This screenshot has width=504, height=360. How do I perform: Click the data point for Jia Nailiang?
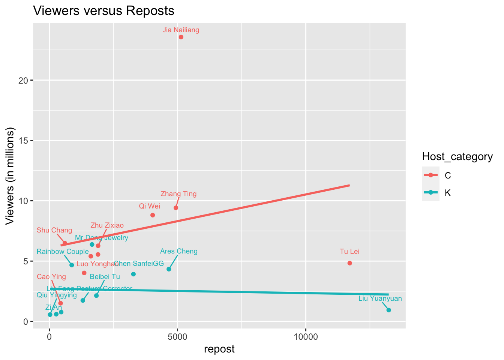click(181, 37)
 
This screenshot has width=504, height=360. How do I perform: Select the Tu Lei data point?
click(349, 263)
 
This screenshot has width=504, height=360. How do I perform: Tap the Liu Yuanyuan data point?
click(388, 310)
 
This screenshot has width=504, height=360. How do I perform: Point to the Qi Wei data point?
click(153, 215)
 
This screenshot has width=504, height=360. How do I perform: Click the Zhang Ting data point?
click(176, 208)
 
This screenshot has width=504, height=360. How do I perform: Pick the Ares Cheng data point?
click(169, 269)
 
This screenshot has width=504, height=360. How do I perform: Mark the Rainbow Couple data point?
click(72, 265)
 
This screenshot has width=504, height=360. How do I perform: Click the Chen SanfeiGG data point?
click(133, 274)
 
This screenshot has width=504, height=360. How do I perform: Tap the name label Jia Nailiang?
click(181, 30)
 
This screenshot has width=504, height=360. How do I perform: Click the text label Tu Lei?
click(349, 252)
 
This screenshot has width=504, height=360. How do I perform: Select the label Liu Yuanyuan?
click(380, 299)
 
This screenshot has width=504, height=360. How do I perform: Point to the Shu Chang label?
click(54, 230)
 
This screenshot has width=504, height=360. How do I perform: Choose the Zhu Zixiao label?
click(107, 225)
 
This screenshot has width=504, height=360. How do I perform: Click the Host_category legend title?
click(457, 157)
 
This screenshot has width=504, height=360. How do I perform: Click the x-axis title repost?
click(219, 349)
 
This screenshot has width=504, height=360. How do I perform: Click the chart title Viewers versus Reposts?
click(104, 11)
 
